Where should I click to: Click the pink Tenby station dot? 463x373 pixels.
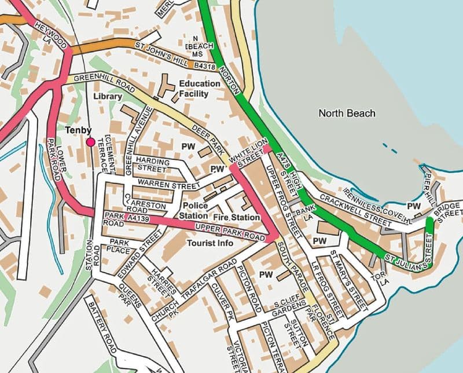click(x=90, y=142)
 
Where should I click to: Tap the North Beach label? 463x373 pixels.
click(x=347, y=114)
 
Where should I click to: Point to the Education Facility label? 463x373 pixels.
click(x=199, y=88)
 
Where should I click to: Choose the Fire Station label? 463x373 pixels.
click(x=237, y=217)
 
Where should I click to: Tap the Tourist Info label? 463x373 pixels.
click(x=210, y=243)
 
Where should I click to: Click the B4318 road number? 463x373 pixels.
click(x=205, y=67)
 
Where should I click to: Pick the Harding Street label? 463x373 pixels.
click(x=153, y=165)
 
